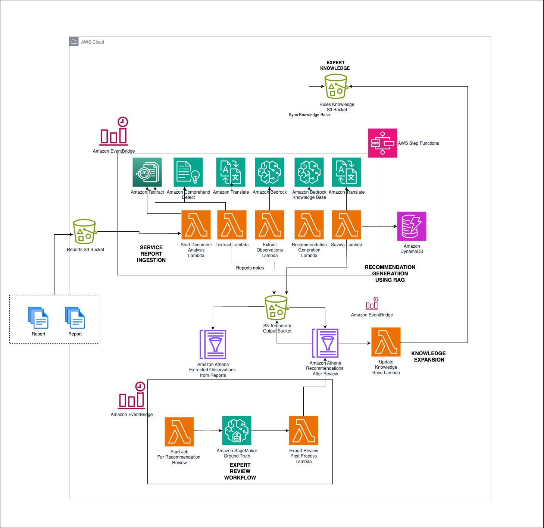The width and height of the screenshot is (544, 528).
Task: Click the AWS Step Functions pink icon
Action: click(x=382, y=143)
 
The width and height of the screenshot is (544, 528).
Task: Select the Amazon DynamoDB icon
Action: click(x=412, y=226)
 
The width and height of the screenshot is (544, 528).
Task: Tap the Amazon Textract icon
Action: click(x=147, y=172)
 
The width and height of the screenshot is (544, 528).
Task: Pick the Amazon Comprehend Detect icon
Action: click(x=188, y=172)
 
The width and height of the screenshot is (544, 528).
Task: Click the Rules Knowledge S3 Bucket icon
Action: click(x=336, y=87)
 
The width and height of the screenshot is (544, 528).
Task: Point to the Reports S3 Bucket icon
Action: click(x=85, y=231)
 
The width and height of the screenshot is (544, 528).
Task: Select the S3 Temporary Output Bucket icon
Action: click(x=276, y=308)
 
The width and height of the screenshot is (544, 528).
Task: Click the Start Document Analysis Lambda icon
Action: click(x=196, y=225)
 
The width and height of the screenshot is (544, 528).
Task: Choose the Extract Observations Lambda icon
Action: click(x=269, y=225)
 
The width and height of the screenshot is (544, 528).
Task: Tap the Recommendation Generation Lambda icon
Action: click(x=309, y=225)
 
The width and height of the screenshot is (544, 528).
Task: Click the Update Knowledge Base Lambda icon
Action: click(x=386, y=342)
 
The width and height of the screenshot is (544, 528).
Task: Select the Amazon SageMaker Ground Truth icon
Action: click(x=237, y=431)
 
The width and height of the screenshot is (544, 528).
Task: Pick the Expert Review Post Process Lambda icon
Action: click(x=303, y=431)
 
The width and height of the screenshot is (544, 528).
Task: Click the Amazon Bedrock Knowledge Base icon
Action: click(x=309, y=172)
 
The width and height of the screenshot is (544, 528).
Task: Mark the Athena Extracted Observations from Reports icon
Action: click(x=213, y=344)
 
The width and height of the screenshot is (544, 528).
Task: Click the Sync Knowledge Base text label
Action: click(x=309, y=115)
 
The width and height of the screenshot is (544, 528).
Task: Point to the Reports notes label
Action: click(x=250, y=268)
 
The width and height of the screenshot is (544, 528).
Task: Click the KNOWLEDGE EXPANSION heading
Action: click(x=429, y=356)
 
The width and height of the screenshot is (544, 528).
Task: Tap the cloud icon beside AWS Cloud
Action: click(x=74, y=42)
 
